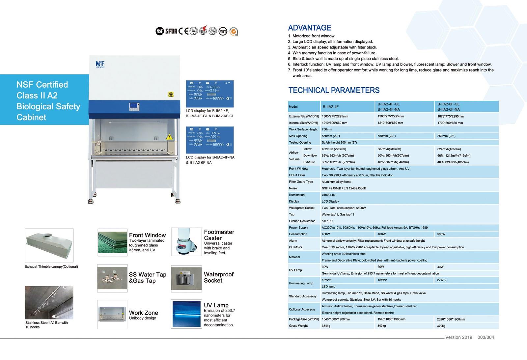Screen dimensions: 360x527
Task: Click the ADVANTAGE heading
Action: click(x=309, y=28)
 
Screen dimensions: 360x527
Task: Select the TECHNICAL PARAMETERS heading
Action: click(x=334, y=90)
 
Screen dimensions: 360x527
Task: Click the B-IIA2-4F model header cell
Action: click(x=330, y=107)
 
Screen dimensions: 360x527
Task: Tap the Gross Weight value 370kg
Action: click(x=441, y=326)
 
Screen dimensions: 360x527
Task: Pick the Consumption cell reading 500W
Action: click(x=441, y=234)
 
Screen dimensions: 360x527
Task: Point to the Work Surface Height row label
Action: click(x=303, y=129)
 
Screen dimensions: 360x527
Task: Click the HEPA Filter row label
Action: click(x=297, y=175)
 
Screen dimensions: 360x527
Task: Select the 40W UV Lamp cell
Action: click(x=440, y=267)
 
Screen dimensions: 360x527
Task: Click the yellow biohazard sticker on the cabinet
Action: click(x=171, y=95)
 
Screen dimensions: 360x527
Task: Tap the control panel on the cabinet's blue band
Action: click(x=134, y=107)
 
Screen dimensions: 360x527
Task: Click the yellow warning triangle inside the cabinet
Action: click(x=169, y=137)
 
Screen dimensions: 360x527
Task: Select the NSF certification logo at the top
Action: click(x=159, y=31)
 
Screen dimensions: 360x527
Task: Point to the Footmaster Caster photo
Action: click(x=186, y=242)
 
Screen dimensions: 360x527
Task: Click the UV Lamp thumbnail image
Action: click(x=186, y=314)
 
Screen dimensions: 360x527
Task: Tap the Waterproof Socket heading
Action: click(x=218, y=277)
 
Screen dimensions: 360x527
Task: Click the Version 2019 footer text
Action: click(x=458, y=337)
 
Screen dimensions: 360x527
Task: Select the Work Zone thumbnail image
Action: click(x=112, y=314)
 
